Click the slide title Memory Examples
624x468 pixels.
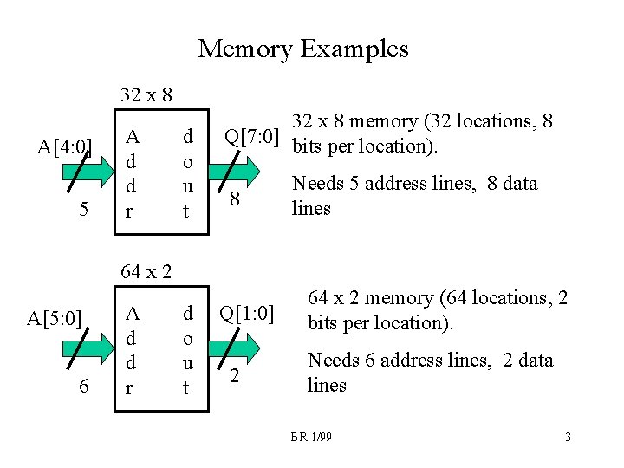302,49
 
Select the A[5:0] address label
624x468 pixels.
55,318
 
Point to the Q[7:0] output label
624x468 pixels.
251,136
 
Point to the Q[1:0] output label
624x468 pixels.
246,312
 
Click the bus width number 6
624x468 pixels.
82,387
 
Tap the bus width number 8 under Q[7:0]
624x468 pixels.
233,199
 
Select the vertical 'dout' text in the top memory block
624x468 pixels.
187,172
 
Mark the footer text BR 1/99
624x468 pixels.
310,438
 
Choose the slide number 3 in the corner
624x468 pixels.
568,438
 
